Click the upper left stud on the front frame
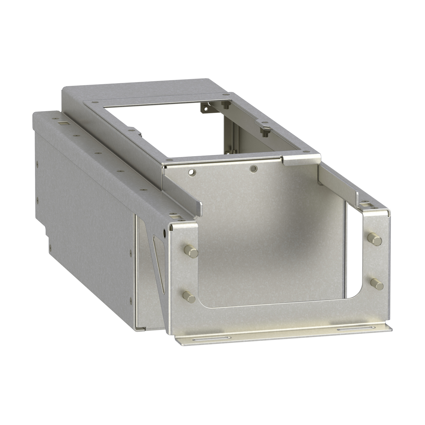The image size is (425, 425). [191, 252]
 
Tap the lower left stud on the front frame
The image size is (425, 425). [189, 297]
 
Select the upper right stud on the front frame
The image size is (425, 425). [375, 239]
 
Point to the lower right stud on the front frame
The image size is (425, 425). [377, 284]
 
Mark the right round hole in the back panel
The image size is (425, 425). [253, 169]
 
